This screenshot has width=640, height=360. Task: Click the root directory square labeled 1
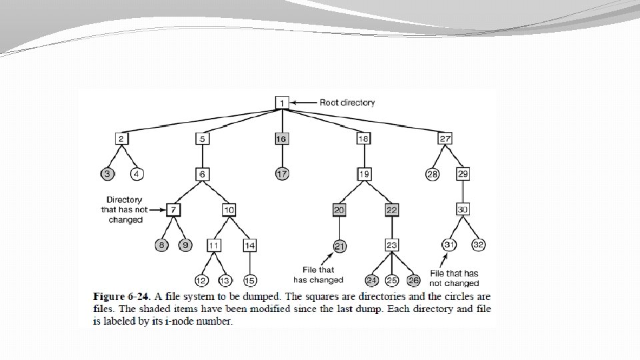click(281, 103)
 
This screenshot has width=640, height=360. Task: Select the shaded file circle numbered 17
click(281, 174)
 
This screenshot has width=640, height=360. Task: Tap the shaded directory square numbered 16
click(281, 139)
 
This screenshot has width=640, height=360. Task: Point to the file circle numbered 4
click(137, 174)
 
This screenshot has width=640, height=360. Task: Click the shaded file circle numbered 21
click(339, 246)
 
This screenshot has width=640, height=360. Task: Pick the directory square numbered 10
click(229, 210)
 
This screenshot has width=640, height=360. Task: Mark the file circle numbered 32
click(478, 245)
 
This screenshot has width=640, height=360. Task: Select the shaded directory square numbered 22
click(392, 210)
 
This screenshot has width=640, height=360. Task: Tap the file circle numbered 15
click(250, 281)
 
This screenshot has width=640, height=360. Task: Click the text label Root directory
click(347, 103)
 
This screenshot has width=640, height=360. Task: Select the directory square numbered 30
click(463, 209)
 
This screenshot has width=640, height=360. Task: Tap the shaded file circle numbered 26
click(413, 281)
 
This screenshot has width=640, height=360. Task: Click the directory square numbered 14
click(249, 245)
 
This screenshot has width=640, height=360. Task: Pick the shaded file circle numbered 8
click(161, 245)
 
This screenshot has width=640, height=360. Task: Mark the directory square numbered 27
click(445, 139)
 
